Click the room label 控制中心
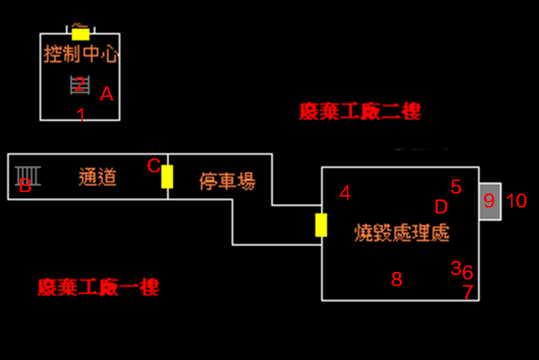pyautogui.click(x=81, y=54)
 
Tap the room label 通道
pyautogui.click(x=98, y=177)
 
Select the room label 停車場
pyautogui.click(x=227, y=181)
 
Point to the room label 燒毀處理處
pyautogui.click(x=400, y=234)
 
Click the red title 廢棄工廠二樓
pyautogui.click(x=360, y=111)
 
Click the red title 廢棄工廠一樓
pyautogui.click(x=98, y=287)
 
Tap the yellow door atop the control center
pyautogui.click(x=81, y=34)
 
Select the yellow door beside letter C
pyautogui.click(x=167, y=177)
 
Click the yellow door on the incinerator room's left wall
pyautogui.click(x=320, y=224)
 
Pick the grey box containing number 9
pyautogui.click(x=490, y=200)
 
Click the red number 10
pyautogui.click(x=516, y=201)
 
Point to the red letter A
pyautogui.click(x=107, y=94)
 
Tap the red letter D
pyautogui.click(x=441, y=207)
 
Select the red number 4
pyautogui.click(x=345, y=193)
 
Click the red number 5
pyautogui.click(x=456, y=187)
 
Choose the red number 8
pyautogui.click(x=397, y=279)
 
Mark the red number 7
pyautogui.click(x=468, y=293)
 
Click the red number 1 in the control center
pyautogui.click(x=81, y=115)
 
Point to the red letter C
pyautogui.click(x=153, y=166)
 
